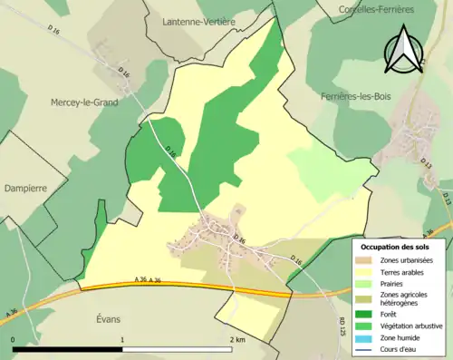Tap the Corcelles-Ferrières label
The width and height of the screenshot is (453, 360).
[x=375, y=9]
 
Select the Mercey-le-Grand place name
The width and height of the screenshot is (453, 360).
[x=84, y=102]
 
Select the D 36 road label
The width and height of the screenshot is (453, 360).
[x=239, y=238]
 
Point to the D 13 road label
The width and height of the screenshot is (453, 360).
[x=445, y=199]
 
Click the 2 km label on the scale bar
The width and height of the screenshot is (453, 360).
[x=238, y=339]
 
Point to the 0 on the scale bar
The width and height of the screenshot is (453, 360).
[x=14, y=339]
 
